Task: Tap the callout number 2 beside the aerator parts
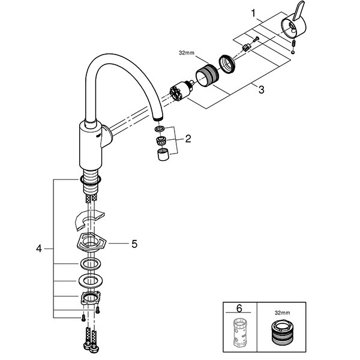[x=188, y=139]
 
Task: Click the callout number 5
[x=135, y=244]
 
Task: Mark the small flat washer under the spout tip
[x=158, y=130]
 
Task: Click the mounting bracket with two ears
[x=89, y=298]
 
